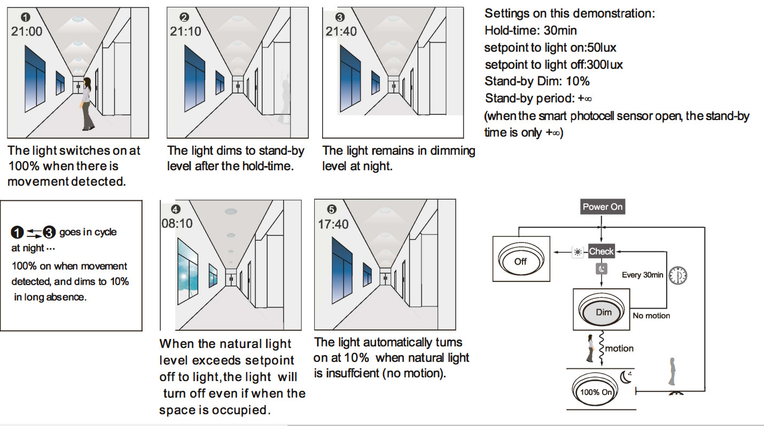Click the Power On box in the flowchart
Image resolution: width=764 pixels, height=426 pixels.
pyautogui.click(x=602, y=207)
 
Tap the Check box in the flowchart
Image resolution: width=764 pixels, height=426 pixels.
pyautogui.click(x=601, y=251)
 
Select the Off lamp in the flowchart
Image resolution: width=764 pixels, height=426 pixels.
pyautogui.click(x=520, y=261)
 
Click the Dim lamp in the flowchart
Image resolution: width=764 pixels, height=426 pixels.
pyautogui.click(x=603, y=312)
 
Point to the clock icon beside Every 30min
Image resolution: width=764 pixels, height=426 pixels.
pyautogui.click(x=678, y=275)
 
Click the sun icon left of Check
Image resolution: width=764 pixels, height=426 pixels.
pyautogui.click(x=578, y=252)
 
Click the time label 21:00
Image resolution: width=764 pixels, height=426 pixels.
pyautogui.click(x=27, y=31)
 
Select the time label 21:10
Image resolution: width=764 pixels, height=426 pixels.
pyautogui.click(x=185, y=31)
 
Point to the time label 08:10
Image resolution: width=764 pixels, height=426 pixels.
pyautogui.click(x=177, y=223)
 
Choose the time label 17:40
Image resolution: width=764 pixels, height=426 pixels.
pyautogui.click(x=333, y=224)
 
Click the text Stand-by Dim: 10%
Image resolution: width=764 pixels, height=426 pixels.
pyautogui.click(x=537, y=82)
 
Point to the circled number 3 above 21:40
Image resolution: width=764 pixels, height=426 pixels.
pyautogui.click(x=340, y=18)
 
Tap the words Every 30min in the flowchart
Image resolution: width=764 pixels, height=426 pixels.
pyautogui.click(x=642, y=275)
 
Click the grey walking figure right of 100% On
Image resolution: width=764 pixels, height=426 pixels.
pyautogui.click(x=672, y=372)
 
